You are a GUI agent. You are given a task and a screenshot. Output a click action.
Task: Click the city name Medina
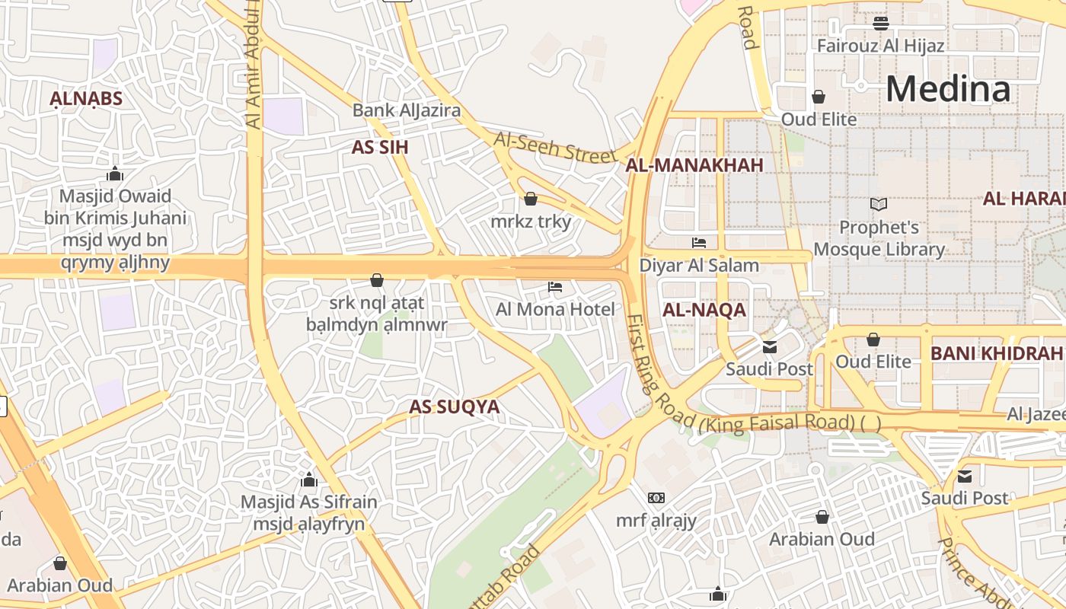click(x=948, y=89)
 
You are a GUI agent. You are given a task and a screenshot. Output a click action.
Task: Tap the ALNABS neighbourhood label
click(x=86, y=99)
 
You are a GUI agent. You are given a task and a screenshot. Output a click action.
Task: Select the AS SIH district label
click(x=380, y=148)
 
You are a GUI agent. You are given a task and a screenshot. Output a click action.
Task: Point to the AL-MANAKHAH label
click(x=694, y=165)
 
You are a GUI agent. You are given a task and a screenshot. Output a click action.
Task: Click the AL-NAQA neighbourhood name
click(x=704, y=311)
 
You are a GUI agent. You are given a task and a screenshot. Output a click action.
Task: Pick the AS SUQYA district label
click(x=455, y=407)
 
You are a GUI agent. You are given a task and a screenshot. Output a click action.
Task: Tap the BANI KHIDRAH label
click(x=996, y=353)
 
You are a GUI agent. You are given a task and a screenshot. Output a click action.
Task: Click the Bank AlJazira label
click(x=406, y=110)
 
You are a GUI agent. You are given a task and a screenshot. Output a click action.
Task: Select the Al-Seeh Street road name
click(x=554, y=147)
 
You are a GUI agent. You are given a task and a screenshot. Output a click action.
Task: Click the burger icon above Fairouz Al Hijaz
click(x=881, y=24)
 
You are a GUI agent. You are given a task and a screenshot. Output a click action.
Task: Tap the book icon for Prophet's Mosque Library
click(x=879, y=204)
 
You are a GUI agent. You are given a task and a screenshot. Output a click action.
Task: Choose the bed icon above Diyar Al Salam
click(x=699, y=243)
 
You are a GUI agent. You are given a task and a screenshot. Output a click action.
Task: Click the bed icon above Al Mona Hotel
click(x=555, y=287)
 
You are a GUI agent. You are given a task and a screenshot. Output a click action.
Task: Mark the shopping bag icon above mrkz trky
click(x=531, y=199)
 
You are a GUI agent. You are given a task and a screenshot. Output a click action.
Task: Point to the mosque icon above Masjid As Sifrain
click(x=308, y=480)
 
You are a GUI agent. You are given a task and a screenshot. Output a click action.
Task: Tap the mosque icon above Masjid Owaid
click(x=115, y=174)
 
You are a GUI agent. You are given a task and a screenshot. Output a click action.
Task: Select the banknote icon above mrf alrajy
click(x=656, y=498)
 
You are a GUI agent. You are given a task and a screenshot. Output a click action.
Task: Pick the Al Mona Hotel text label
click(x=555, y=309)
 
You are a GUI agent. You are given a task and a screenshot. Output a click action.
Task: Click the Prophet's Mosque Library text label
click(x=879, y=238)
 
